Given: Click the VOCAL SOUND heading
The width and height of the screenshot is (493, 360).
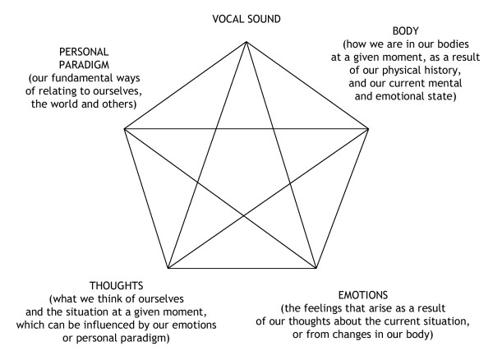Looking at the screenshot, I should [x=246, y=17].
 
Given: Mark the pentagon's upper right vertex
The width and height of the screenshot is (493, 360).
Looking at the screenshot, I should [x=367, y=129].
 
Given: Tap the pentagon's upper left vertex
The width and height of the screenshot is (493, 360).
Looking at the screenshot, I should [x=124, y=129].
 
